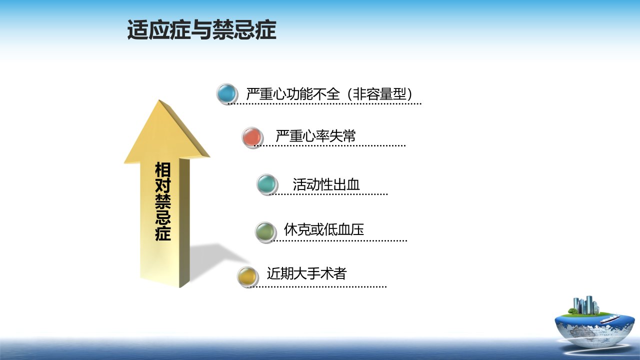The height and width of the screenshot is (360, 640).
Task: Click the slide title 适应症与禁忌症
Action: coord(201,29)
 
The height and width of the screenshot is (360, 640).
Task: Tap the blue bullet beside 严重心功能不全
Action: coord(227,93)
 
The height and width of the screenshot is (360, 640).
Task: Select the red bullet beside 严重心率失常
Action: coord(252,137)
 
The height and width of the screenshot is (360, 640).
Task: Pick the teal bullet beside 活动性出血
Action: coord(267,184)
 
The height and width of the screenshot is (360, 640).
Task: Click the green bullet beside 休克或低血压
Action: coord(265,232)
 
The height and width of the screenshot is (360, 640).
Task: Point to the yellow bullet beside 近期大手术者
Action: coord(247,276)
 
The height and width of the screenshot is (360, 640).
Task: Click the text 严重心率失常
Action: coord(315,135)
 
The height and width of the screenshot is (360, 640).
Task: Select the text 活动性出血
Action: coord(326,184)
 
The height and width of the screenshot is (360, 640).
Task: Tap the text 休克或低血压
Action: coord(324,229)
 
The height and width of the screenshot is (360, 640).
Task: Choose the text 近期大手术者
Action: coord(307,273)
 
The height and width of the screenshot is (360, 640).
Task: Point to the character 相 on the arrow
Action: coord(163,169)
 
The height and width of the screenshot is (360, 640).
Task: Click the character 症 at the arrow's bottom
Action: coord(163,233)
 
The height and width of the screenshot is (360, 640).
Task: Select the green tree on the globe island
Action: coord(572,311)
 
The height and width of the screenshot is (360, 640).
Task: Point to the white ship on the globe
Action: coord(609,318)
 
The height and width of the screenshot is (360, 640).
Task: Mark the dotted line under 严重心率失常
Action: coord(329,145)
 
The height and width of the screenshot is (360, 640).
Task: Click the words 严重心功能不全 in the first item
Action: coord(293,93)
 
